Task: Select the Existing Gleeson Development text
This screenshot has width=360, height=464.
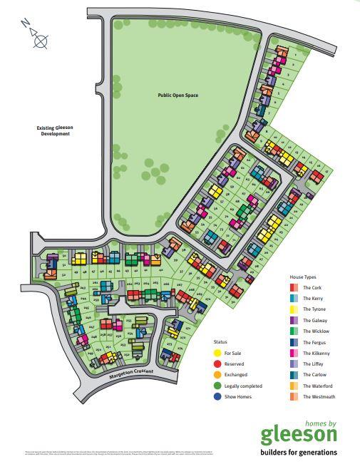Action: click(x=55, y=130)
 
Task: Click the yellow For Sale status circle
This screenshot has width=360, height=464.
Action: click(x=217, y=352)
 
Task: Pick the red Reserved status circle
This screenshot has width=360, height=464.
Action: click(x=217, y=364)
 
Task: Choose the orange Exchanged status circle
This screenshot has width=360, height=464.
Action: click(x=217, y=374)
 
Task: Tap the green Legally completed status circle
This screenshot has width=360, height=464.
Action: click(x=217, y=386)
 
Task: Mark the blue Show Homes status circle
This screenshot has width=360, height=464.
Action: click(x=217, y=397)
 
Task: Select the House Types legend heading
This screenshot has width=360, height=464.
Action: click(x=303, y=276)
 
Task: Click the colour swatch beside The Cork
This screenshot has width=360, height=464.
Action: click(x=294, y=287)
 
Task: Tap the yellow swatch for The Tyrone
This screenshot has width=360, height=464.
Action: click(x=294, y=309)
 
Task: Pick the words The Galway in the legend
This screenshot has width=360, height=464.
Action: click(x=314, y=320)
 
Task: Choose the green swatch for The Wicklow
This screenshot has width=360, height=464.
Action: click(x=294, y=331)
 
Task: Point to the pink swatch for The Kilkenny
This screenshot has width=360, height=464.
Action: click(x=294, y=353)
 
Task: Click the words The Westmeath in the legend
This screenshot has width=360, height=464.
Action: click(x=319, y=397)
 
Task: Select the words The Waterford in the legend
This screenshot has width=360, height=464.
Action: click(x=318, y=386)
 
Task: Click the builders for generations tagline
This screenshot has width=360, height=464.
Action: click(x=298, y=452)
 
